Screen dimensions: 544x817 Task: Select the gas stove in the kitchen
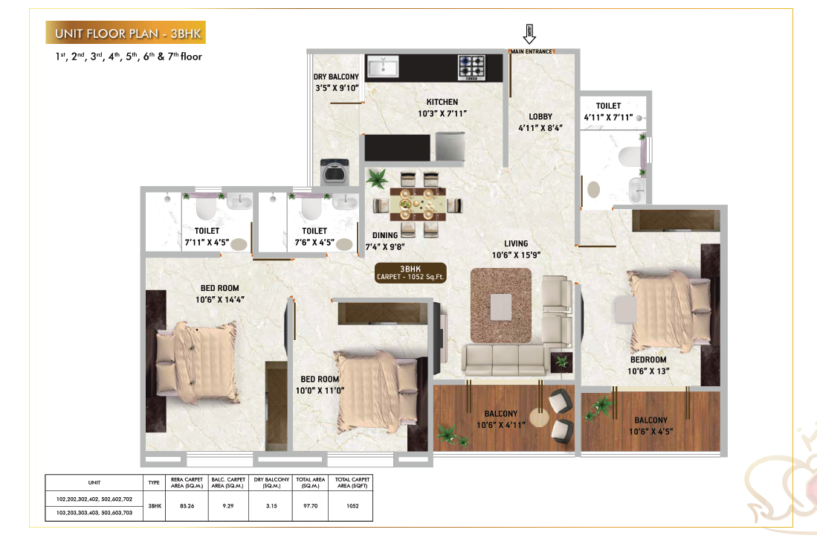click(x=471, y=67)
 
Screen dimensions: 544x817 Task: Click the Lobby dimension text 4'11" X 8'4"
click(x=540, y=127)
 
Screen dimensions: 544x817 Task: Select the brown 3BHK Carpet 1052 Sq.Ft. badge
click(x=411, y=273)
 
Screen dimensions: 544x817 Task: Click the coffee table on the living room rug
click(x=501, y=306)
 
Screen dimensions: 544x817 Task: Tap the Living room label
click(x=515, y=243)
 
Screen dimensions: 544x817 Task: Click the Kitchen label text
click(x=442, y=102)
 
